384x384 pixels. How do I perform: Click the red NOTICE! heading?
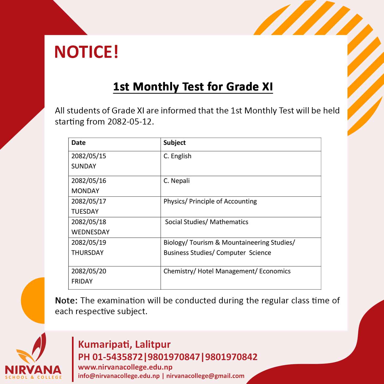click(x=86, y=52)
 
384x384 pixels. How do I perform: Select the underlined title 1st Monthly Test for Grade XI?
click(x=193, y=87)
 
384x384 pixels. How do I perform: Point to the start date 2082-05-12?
click(x=130, y=122)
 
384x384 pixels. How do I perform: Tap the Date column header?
click(x=79, y=143)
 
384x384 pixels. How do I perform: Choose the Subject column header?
click(x=174, y=143)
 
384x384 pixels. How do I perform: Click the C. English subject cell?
click(x=177, y=156)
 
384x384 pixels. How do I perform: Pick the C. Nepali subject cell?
click(x=177, y=181)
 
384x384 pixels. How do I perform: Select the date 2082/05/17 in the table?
click(x=89, y=201)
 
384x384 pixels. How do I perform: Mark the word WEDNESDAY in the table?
click(x=90, y=232)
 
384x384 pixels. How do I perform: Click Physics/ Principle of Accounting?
click(x=210, y=201)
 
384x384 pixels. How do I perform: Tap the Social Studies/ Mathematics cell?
click(x=206, y=222)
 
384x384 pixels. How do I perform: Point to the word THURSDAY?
click(x=87, y=253)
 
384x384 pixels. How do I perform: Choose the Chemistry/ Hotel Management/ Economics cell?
click(x=227, y=271)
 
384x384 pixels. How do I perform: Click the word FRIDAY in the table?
click(x=82, y=281)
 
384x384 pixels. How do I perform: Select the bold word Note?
click(x=66, y=300)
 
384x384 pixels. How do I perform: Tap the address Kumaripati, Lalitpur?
click(x=124, y=344)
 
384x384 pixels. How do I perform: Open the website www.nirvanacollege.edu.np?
click(x=125, y=367)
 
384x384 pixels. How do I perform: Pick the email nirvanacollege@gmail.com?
click(x=205, y=376)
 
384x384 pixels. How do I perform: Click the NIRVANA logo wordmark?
click(x=33, y=370)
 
